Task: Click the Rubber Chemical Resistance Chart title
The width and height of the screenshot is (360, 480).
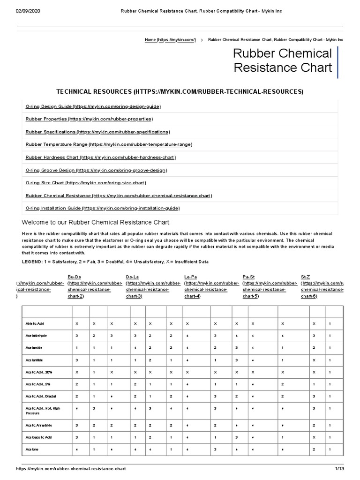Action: [x=283, y=60]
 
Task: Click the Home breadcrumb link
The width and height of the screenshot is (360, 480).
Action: [x=170, y=40]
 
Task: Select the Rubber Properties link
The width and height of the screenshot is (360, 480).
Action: [x=89, y=119]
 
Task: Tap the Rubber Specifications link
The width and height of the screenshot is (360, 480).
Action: [x=97, y=132]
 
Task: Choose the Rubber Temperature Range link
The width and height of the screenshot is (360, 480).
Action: [x=109, y=144]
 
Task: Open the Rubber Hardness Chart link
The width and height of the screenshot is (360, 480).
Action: [x=100, y=157]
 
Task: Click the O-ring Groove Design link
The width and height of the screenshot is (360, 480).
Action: [x=96, y=170]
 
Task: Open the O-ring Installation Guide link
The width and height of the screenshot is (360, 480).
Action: [x=102, y=208]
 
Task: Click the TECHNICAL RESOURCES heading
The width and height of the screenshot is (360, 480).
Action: [x=180, y=91]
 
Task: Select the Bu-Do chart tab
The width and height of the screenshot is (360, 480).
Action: [x=75, y=277]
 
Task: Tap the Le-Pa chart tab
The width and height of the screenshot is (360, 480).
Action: [x=191, y=277]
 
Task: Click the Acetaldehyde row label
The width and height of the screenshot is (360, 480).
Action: [x=37, y=336]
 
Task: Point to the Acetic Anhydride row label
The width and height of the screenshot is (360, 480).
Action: [x=39, y=425]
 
